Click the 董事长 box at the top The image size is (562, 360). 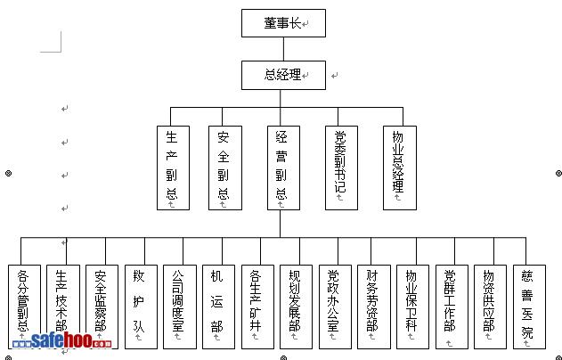pyautogui.click(x=283, y=23)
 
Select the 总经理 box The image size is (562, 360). pyautogui.click(x=283, y=75)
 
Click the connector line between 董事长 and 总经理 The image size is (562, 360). pyautogui.click(x=283, y=49)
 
